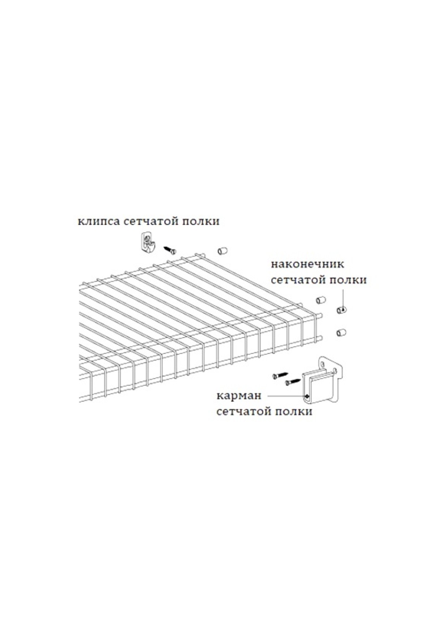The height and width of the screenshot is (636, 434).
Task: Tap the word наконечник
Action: (x=307, y=264)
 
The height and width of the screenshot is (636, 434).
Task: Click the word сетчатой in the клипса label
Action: (x=150, y=222)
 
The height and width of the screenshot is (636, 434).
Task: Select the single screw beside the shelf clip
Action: (x=169, y=249)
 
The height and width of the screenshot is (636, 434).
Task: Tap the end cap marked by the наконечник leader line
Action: (x=341, y=309)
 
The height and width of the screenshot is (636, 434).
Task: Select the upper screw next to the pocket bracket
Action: (x=280, y=375)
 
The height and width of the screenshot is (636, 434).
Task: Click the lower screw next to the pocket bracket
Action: (x=293, y=381)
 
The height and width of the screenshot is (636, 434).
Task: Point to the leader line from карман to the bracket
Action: (x=286, y=396)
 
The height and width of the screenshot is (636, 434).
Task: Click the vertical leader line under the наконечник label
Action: (x=342, y=298)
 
